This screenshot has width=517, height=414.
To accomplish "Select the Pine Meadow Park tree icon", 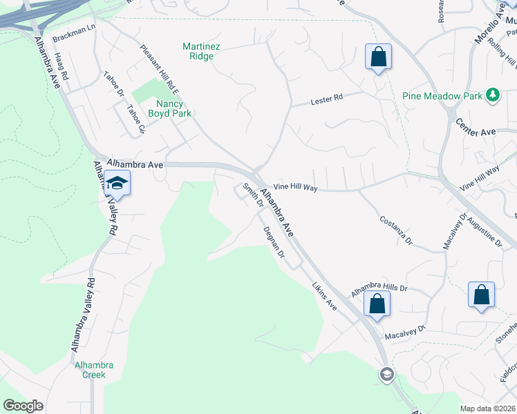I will pyautogui.click(x=493, y=95).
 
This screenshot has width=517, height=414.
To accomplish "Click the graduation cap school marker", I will pyautogui.click(x=117, y=184).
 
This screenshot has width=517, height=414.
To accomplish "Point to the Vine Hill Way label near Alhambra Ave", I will pyautogui.click(x=294, y=188).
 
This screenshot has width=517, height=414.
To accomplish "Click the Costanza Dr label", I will pyautogui.click(x=395, y=230).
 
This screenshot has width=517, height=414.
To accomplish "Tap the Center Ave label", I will pyautogui.click(x=476, y=126).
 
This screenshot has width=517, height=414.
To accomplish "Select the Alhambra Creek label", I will pyautogui.click(x=90, y=370).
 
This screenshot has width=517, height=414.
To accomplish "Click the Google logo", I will pyautogui.click(x=23, y=405).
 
